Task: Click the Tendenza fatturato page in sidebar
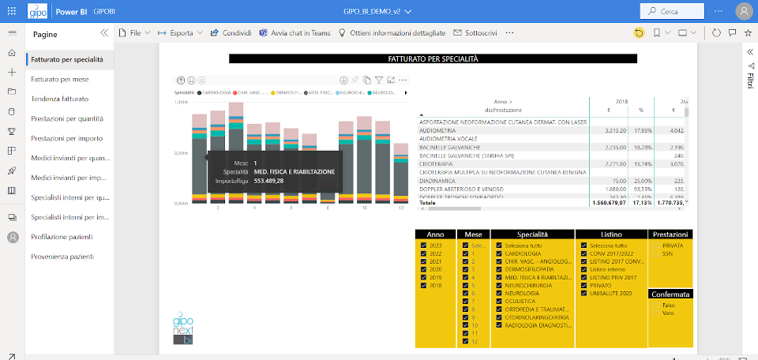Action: (59, 99)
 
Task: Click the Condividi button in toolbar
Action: (231, 33)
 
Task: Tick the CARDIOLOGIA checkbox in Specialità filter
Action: (499, 253)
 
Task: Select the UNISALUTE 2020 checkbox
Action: (584, 293)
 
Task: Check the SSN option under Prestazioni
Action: (656, 253)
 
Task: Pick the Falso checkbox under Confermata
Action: (656, 305)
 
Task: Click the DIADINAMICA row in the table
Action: (440, 180)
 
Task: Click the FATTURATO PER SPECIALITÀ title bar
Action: (432, 58)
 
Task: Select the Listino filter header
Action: (611, 234)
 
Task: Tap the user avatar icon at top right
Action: (743, 12)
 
